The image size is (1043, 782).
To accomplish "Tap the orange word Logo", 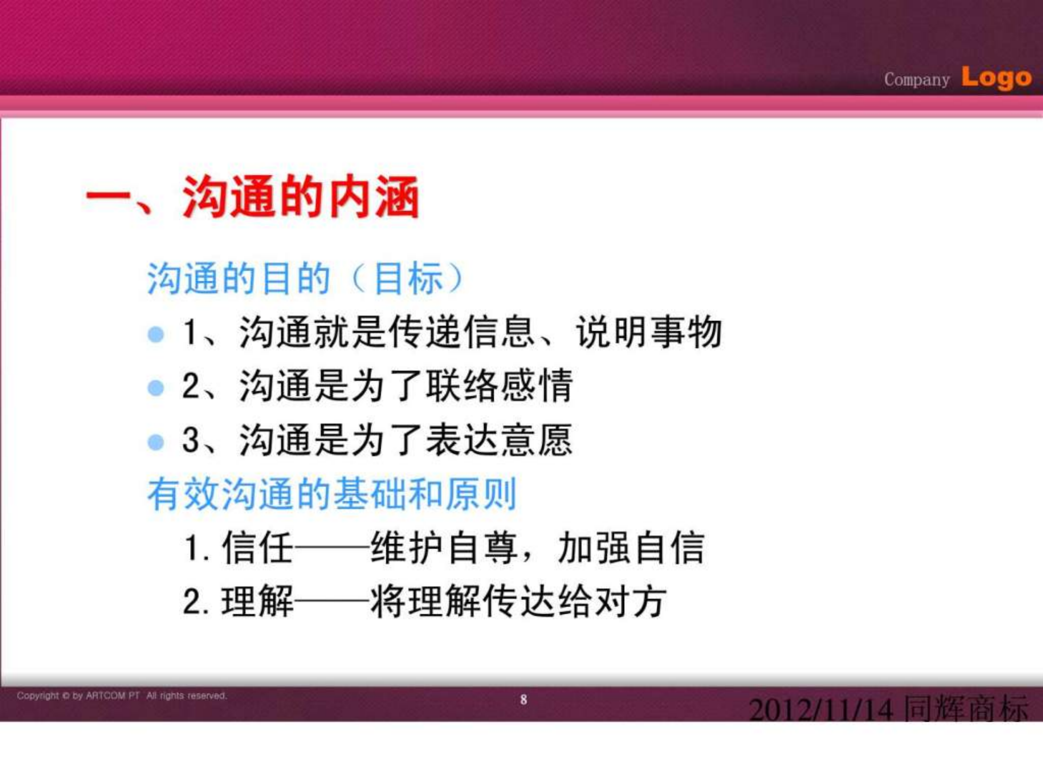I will point(996,78).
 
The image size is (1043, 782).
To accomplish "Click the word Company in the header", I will point(916,80).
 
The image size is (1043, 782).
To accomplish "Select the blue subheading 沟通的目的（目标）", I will point(305,279).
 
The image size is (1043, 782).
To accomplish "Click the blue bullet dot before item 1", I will point(156,334).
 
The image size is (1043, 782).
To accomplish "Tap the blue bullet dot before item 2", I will point(156,388).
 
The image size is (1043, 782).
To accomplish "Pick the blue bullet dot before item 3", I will point(156,442).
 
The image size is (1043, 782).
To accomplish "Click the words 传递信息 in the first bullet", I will point(463,332).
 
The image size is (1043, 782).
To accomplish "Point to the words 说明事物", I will point(649,332).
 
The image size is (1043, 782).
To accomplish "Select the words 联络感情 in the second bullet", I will point(500,386).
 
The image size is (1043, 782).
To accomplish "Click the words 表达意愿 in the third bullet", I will point(500,440).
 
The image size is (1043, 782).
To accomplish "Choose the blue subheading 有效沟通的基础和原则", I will point(332,494).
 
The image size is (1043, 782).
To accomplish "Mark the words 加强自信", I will point(631,547).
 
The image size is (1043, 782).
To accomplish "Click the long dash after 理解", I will point(332,602).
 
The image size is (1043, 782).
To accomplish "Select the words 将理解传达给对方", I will point(519,602).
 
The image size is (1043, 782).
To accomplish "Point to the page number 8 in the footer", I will point(523,700).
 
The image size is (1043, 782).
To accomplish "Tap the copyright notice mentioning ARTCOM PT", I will point(122,696).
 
